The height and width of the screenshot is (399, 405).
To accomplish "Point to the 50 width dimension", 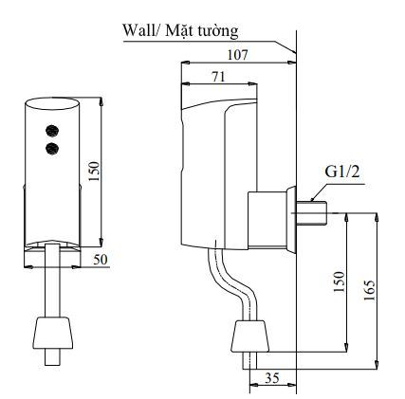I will tap(101, 259).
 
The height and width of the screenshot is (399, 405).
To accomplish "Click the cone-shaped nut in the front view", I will tap(53, 333).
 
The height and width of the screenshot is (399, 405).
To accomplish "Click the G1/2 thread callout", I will tap(341, 173).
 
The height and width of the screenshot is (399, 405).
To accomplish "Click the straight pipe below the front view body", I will tap(53, 280).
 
